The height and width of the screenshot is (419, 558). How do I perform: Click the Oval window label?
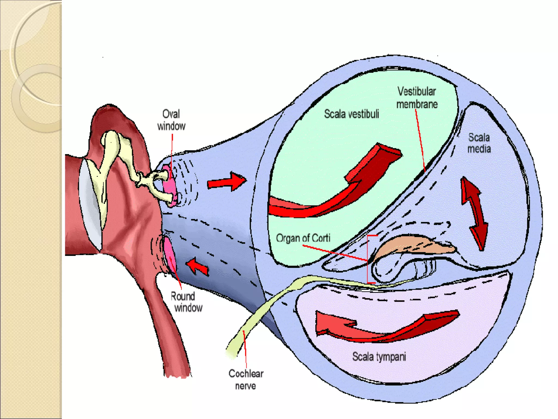(171, 120)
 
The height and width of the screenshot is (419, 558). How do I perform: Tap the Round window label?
(186, 302)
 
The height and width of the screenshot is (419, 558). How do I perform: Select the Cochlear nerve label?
(246, 379)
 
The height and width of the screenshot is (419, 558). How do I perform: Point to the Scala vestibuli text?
(351, 114)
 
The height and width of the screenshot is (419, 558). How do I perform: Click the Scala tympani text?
(379, 357)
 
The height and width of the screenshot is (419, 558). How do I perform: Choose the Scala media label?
(479, 143)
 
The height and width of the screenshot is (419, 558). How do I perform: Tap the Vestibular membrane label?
(417, 98)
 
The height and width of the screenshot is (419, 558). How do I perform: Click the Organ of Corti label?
(303, 238)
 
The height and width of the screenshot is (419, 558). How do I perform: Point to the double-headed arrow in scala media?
(474, 213)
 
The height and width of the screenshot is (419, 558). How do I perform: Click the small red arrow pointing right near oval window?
(226, 181)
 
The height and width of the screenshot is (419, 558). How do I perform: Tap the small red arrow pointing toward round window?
(198, 266)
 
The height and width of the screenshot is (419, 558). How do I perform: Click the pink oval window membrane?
(169, 185)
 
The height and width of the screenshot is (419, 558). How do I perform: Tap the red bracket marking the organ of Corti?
(368, 259)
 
